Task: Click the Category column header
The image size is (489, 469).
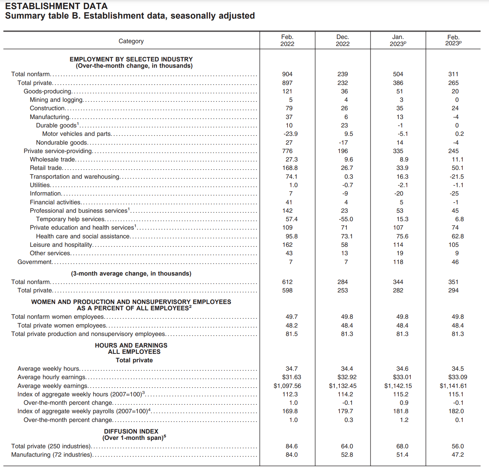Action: (x=131, y=41)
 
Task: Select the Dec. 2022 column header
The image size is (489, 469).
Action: (x=343, y=40)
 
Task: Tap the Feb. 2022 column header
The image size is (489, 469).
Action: (x=287, y=40)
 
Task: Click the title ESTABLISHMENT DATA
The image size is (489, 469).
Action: (x=57, y=6)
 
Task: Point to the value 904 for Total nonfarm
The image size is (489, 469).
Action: (x=287, y=74)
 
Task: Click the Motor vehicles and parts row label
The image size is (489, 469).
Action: (x=77, y=134)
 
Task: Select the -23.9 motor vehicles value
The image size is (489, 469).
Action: (x=290, y=134)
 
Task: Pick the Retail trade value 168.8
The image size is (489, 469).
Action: (x=290, y=168)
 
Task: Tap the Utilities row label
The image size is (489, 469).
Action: (x=40, y=185)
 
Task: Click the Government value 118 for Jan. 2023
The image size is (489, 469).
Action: (x=398, y=262)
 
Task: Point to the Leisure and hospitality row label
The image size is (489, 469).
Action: (x=61, y=245)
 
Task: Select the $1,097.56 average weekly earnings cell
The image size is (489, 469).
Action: (x=287, y=386)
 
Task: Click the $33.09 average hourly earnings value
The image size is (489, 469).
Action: (x=457, y=377)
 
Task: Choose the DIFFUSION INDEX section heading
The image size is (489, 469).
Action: (x=131, y=431)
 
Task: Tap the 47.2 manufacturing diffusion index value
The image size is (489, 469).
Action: (x=457, y=455)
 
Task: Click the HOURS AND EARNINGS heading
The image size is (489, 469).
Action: (x=131, y=345)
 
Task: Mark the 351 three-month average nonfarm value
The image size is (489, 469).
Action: (x=453, y=282)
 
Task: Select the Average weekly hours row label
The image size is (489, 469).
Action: (x=48, y=369)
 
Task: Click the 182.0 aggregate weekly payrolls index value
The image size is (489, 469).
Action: (x=456, y=411)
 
